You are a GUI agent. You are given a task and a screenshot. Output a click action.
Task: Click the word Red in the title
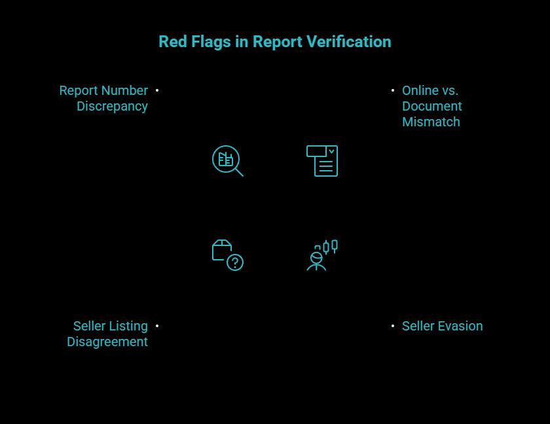(x=172, y=42)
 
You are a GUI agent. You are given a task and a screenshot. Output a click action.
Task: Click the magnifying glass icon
(x=227, y=161)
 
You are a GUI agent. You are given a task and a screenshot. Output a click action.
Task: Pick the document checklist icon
(x=322, y=161)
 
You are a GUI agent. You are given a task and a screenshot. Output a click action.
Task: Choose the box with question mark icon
(x=227, y=255)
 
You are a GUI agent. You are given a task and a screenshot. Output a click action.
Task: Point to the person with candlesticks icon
(x=322, y=255)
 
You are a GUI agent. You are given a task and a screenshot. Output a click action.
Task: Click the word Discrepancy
(x=112, y=106)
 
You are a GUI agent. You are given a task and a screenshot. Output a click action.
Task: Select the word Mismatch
(x=431, y=122)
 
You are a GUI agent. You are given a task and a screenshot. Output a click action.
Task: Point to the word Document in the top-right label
(x=431, y=106)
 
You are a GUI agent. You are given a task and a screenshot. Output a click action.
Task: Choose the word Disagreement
(x=107, y=342)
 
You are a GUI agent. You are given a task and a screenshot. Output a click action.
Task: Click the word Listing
(x=128, y=326)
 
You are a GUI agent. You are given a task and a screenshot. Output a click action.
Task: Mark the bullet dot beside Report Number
(x=157, y=90)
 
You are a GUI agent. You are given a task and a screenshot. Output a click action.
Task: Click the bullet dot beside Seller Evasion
(x=393, y=326)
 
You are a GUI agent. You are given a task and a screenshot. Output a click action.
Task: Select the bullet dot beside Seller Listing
(x=157, y=326)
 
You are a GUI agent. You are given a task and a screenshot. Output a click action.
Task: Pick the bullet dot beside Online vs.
(x=393, y=90)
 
